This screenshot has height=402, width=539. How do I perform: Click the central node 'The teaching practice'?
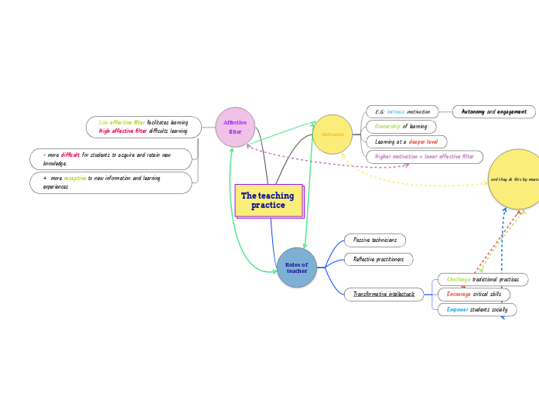pos(268,200)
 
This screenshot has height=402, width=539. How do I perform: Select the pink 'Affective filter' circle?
pos(235,127)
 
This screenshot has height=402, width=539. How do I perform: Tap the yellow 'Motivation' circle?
pos(333,135)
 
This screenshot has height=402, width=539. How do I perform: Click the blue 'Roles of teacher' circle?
pos(297,267)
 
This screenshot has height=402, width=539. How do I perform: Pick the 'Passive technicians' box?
pos(375,240)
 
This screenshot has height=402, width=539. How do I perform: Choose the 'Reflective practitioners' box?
pos(378,259)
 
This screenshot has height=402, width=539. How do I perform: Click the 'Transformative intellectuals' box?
pos(384,294)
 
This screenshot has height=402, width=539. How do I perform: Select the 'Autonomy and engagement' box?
pos(493,112)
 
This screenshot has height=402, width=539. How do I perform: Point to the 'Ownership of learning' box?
pos(401,127)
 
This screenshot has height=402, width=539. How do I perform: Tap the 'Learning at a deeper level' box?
pos(406,141)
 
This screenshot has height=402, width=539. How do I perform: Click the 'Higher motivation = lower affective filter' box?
pos(425,157)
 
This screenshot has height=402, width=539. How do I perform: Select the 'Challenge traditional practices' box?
pos(483,279)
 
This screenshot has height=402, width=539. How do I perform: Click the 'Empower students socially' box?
pos(477,309)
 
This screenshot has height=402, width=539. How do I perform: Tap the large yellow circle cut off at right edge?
pos(516,179)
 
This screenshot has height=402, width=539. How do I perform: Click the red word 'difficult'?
pos(70,155)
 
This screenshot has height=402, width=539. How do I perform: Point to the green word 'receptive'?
pos(75,179)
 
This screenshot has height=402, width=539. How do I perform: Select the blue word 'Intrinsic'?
pos(396,112)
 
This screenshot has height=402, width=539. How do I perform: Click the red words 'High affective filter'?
pos(122,131)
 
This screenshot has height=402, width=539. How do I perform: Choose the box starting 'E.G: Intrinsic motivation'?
pos(401,112)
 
